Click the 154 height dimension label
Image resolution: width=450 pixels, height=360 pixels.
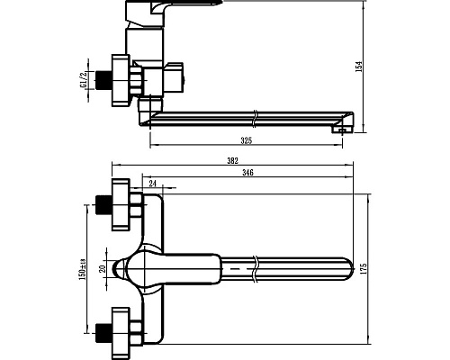[359, 67]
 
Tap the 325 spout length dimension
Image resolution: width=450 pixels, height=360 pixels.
[247, 140]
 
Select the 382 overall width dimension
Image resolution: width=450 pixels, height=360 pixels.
[232, 161]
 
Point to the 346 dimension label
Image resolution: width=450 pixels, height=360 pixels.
[247, 173]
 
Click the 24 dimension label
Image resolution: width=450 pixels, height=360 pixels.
[153, 184]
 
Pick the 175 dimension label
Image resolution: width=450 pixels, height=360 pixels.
[363, 269]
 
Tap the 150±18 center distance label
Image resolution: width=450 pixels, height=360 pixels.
[82, 269]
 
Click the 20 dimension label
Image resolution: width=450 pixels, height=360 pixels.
[103, 268]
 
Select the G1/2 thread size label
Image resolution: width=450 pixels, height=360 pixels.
[83, 79]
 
